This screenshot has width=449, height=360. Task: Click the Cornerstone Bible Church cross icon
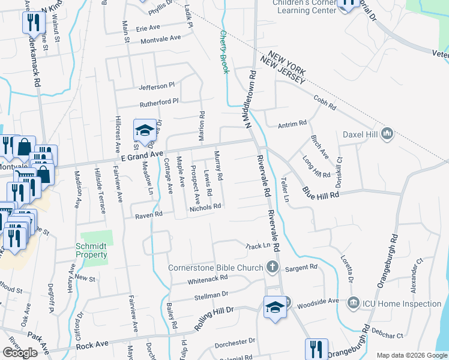[x=272, y=267]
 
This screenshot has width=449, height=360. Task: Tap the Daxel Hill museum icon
[x=387, y=133]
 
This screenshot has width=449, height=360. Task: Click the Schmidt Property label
[x=92, y=250]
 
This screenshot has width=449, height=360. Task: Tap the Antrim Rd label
[x=292, y=124]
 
